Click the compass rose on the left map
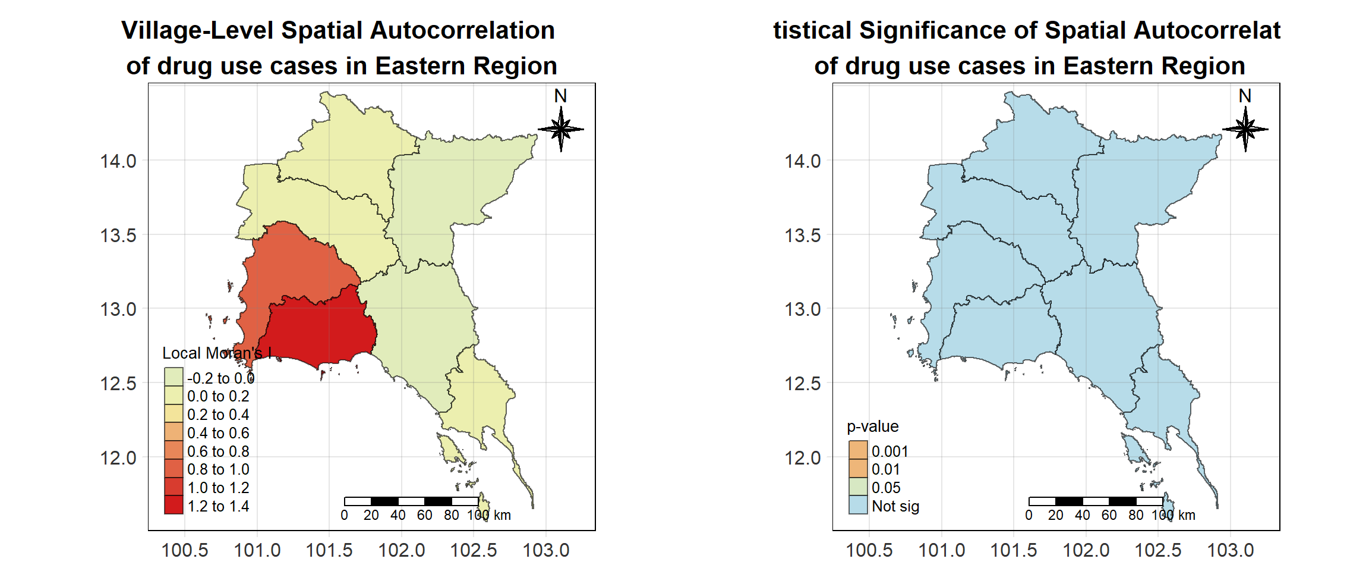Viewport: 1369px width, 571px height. coord(560,128)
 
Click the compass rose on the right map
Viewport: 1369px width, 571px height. coord(1245,128)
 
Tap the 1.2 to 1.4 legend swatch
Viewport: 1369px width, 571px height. coord(174,505)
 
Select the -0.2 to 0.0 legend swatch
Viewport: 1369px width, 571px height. coord(174,377)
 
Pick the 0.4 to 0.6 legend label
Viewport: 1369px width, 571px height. coord(218,433)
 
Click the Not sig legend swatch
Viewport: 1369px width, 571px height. coord(858,505)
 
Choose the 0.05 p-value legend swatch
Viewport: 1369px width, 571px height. coord(858,487)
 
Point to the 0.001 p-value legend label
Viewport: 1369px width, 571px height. coord(889,451)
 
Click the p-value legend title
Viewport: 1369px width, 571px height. coord(872,426)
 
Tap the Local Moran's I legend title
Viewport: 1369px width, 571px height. coord(217,353)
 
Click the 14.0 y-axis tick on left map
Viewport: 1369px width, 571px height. coord(118,161)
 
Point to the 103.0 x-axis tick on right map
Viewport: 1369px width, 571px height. coord(1230,550)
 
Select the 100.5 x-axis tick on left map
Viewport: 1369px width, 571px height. coord(185,550)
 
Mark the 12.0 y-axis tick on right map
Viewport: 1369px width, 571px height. coord(803,458)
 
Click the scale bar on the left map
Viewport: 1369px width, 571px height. coord(411,501)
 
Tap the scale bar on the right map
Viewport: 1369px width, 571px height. coord(1096,501)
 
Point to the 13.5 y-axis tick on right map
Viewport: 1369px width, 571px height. coord(803,236)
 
